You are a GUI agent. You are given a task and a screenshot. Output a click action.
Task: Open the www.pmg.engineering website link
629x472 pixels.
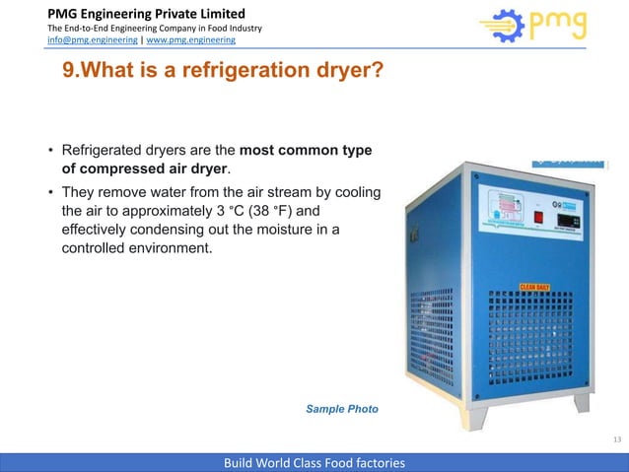point(190,40)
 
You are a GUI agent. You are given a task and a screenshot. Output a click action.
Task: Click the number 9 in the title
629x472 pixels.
point(69,73)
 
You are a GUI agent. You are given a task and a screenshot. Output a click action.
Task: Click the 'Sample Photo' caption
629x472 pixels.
point(341,408)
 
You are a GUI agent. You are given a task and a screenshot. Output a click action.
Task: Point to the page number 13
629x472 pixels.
point(616,439)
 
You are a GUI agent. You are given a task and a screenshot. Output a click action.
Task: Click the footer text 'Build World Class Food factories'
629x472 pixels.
point(314,462)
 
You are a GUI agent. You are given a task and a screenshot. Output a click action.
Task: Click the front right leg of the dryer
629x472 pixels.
point(582,402)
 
